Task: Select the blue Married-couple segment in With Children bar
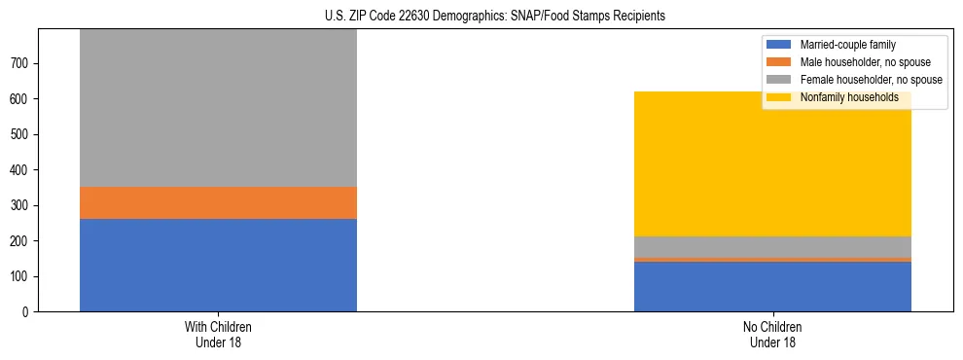click(218, 265)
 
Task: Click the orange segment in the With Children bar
click(218, 202)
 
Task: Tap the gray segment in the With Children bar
click(218, 108)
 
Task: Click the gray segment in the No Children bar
click(772, 247)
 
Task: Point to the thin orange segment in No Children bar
click(772, 260)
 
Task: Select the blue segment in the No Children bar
click(772, 286)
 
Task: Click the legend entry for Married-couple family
click(847, 45)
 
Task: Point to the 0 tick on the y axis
click(28, 312)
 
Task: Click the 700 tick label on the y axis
click(22, 63)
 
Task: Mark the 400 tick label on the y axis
click(22, 170)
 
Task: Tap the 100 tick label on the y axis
click(22, 276)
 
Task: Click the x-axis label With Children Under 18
click(218, 334)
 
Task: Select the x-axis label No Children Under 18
click(772, 334)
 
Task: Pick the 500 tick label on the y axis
click(22, 134)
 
